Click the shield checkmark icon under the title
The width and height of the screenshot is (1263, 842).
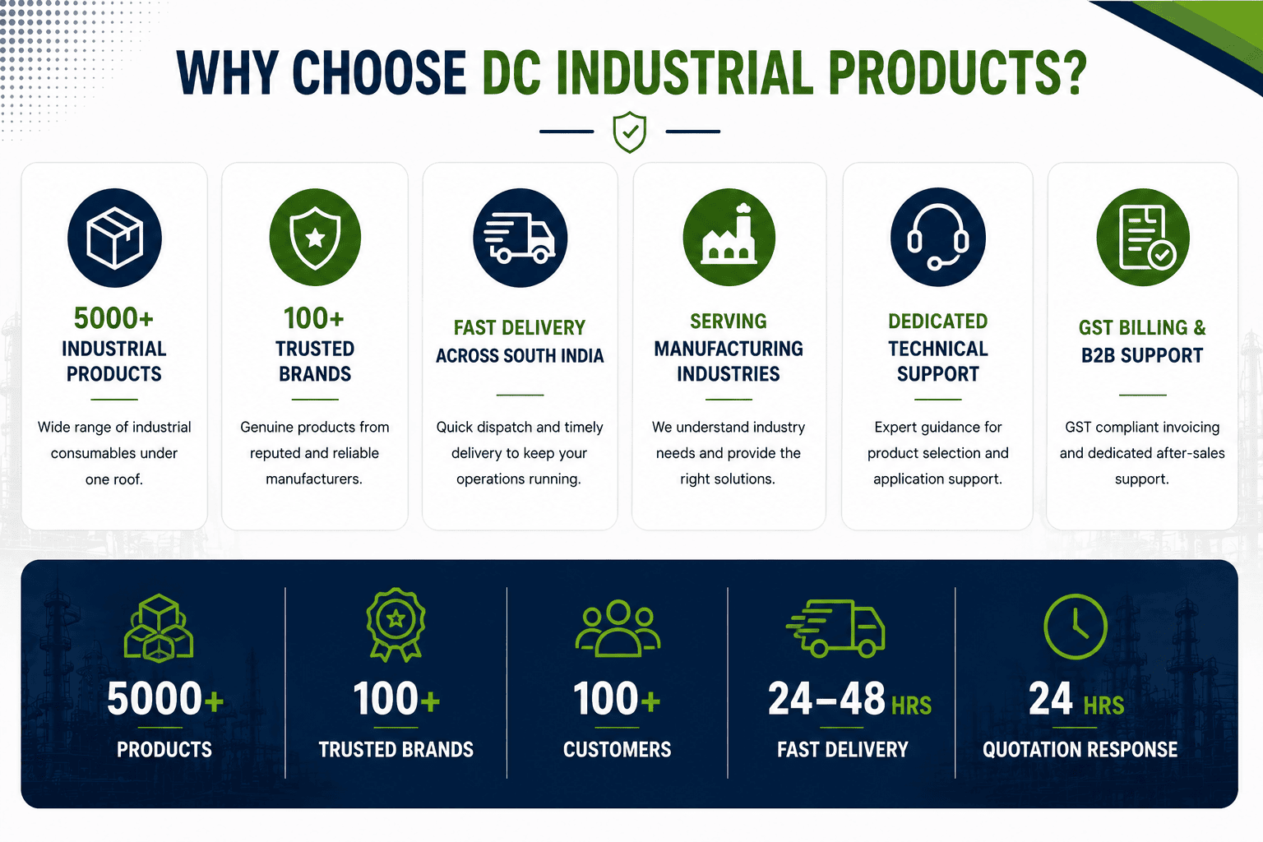629,132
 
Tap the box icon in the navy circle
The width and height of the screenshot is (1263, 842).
114,238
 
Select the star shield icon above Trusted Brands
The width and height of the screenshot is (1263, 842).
315,238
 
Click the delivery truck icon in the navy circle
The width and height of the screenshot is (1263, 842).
520,238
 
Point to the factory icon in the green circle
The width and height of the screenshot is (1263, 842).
729,238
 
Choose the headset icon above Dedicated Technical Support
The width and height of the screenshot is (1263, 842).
937,238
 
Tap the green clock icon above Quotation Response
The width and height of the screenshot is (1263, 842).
1076,627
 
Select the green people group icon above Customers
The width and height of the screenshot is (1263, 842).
618,629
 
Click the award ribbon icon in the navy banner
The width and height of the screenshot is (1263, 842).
396,625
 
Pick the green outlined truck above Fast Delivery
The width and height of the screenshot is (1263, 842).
835,629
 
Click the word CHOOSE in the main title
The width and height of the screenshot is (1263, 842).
379,73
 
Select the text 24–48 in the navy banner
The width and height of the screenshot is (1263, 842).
826,699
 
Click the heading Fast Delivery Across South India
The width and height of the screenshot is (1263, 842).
520,342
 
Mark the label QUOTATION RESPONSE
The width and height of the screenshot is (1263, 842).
1080,750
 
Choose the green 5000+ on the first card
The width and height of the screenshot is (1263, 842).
114,318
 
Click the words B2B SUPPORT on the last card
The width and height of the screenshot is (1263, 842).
1142,355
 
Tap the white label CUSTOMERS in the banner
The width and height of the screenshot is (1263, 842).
618,750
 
